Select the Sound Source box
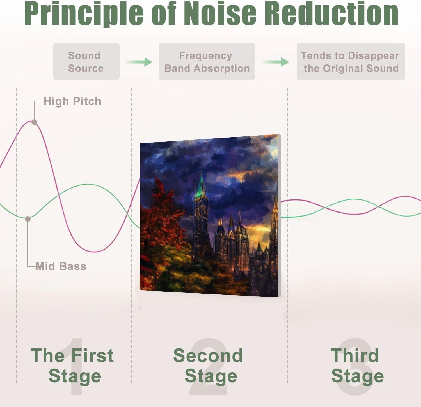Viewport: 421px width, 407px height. point(86,62)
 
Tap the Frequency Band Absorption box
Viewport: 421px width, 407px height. point(207,62)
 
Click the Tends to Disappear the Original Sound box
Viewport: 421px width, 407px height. point(351,62)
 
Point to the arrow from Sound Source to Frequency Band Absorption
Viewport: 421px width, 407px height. point(139,62)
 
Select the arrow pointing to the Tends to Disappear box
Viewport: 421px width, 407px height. point(276,62)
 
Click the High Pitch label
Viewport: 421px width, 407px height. point(72,101)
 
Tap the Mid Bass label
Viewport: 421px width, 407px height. point(61,266)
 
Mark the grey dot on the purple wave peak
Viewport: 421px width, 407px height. point(34,122)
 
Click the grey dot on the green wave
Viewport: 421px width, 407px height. point(28,219)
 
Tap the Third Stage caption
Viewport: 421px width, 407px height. point(356,366)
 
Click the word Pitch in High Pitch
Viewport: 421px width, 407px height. point(87,101)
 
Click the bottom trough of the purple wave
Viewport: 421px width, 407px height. point(95,252)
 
